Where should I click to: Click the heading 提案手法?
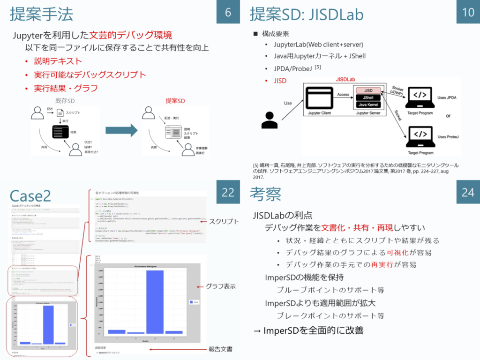point(42,14)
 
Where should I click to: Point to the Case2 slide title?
point(30,195)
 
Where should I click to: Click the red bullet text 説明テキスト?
point(58,61)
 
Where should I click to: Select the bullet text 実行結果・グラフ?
point(66,88)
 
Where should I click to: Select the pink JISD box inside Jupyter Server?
point(368,90)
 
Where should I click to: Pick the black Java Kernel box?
point(368,105)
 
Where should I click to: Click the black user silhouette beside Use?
point(270,120)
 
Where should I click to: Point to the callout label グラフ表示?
point(220,286)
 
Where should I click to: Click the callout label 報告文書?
point(220,349)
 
